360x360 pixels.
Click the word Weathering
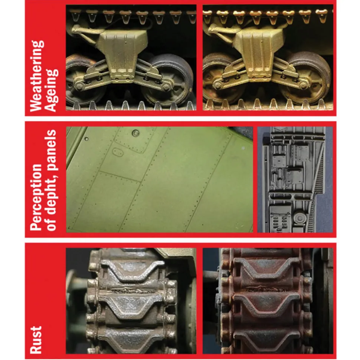coord(37,76)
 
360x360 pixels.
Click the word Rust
coord(36,340)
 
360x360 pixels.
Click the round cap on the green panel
coord(135,133)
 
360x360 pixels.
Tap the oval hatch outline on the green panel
coord(118,152)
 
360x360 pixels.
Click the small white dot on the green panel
coord(243,148)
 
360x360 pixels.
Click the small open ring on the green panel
coord(86,139)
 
